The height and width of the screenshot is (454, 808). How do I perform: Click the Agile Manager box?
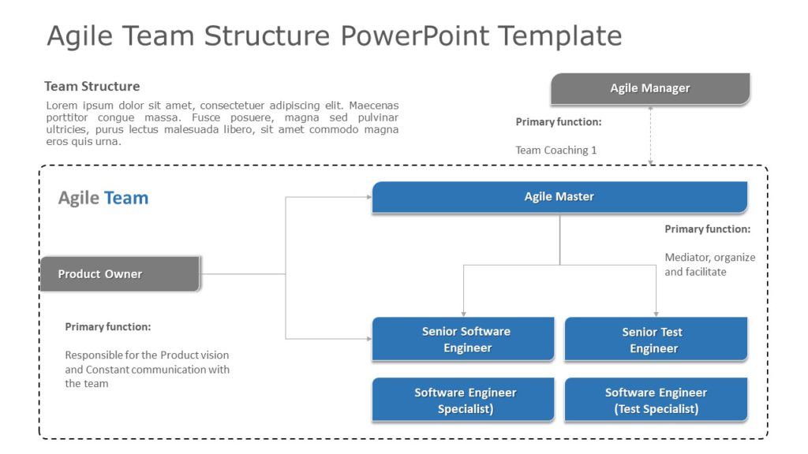(649, 88)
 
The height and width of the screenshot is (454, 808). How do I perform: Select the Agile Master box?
(559, 197)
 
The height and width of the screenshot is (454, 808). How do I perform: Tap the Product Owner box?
(120, 274)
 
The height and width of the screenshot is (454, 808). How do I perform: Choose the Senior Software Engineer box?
(463, 340)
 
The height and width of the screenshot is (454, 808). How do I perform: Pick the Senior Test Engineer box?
(656, 340)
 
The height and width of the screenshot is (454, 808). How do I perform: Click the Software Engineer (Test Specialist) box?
(656, 400)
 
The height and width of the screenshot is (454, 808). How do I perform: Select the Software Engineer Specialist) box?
(463, 400)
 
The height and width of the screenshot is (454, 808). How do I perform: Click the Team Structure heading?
(92, 87)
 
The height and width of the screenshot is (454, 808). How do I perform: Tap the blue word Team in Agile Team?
(126, 198)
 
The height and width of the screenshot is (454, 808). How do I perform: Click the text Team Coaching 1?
(555, 150)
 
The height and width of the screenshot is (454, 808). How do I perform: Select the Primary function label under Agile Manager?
(558, 122)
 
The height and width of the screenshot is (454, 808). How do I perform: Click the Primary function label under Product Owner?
(107, 326)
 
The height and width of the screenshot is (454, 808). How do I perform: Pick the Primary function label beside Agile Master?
(707, 229)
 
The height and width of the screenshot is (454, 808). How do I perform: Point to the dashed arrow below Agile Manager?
(651, 134)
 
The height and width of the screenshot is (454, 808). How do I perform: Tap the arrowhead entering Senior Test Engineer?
(656, 314)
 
